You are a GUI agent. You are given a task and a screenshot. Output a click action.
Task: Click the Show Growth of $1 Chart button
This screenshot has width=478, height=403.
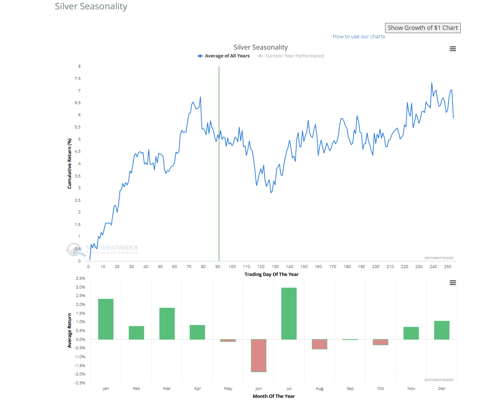(x=422, y=28)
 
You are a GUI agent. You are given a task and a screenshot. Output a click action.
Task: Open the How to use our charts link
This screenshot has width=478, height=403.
(x=359, y=36)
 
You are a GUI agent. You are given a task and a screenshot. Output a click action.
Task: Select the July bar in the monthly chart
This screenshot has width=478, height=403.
(x=289, y=313)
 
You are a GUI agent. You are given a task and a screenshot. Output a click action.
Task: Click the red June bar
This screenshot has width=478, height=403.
(x=258, y=355)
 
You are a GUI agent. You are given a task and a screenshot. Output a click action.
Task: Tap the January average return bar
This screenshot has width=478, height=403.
(x=106, y=319)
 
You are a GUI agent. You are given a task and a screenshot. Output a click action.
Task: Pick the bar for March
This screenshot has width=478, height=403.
(x=167, y=323)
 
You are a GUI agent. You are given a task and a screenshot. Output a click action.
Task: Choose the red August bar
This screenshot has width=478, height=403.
(x=320, y=344)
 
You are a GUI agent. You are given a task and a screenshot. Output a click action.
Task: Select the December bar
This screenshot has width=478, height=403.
(x=442, y=330)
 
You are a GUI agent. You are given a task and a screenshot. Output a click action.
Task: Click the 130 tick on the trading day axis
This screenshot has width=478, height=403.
(x=275, y=267)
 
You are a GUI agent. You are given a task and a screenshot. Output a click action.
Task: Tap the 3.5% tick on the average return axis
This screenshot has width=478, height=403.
(x=80, y=278)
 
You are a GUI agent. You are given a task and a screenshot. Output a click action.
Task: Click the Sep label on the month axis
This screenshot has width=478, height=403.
(x=350, y=389)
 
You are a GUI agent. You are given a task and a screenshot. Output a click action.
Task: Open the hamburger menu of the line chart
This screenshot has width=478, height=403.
(x=452, y=49)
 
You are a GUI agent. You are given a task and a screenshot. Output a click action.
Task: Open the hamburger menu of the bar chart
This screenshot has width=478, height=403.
(x=452, y=283)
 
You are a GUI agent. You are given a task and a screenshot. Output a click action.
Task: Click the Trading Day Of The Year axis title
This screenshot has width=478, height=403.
(x=271, y=274)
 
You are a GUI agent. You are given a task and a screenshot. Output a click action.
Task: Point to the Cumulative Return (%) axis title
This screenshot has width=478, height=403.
(x=69, y=163)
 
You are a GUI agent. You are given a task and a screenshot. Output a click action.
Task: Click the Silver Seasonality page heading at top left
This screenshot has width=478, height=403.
(x=91, y=7)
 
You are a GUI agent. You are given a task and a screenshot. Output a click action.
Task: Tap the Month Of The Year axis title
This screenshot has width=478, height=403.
(x=273, y=396)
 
